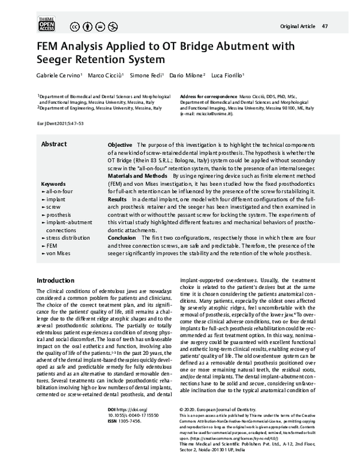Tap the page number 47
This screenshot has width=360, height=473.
(x=325, y=26)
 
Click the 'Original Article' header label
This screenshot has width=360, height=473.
(x=298, y=26)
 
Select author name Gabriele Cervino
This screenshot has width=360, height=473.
(x=59, y=76)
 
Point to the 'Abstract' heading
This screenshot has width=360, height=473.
(x=53, y=144)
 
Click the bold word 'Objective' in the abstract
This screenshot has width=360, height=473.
(x=120, y=145)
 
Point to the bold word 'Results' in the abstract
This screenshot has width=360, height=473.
(x=117, y=199)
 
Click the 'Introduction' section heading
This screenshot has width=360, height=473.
(x=55, y=281)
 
